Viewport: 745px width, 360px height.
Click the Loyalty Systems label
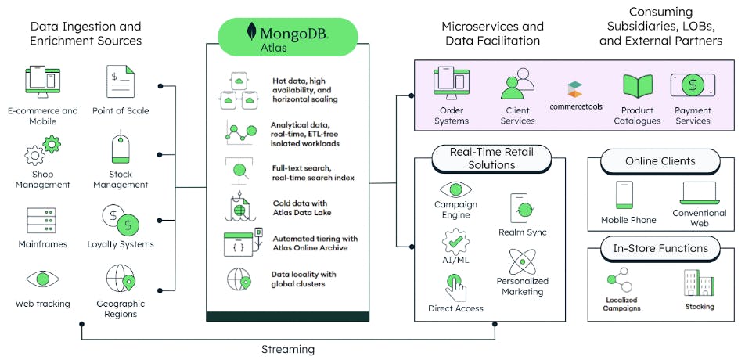point(121,244)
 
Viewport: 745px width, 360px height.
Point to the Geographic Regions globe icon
point(121,278)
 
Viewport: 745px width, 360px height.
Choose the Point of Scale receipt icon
point(121,82)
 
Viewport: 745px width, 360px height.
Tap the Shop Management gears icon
point(42,149)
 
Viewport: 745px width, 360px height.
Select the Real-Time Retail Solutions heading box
point(491,159)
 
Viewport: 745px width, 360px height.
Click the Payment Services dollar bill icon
point(692,85)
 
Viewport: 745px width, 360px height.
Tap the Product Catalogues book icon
point(637,85)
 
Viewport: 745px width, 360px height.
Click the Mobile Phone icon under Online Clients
point(624,195)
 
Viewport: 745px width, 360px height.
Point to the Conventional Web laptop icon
point(699,193)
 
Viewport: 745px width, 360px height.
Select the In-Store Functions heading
point(660,249)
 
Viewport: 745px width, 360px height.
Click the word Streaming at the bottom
point(286,349)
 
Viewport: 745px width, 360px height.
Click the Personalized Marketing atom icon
point(521,262)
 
